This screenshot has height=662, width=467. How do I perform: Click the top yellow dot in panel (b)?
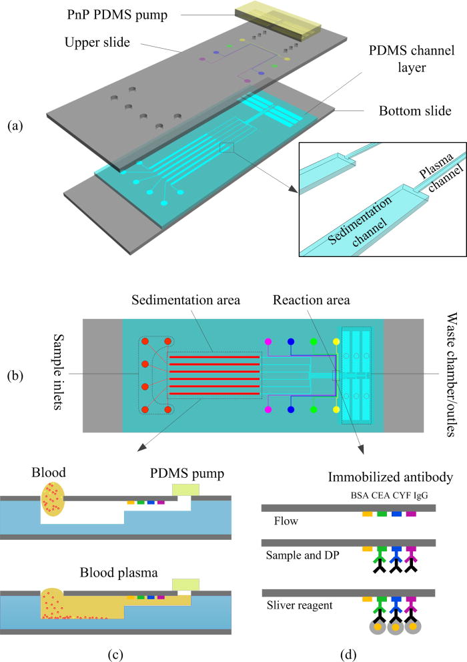point(336,323)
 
